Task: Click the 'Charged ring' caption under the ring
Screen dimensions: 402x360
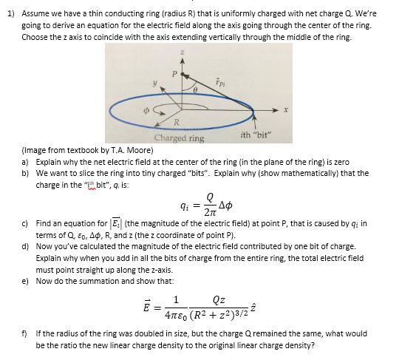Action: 179,138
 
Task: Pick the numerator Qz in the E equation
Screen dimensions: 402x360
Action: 219,301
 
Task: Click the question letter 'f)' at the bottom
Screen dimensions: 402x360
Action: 26,334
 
